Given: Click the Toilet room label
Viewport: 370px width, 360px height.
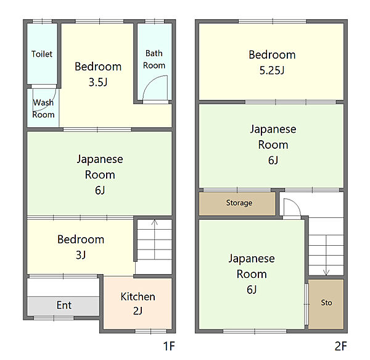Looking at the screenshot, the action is [42, 54].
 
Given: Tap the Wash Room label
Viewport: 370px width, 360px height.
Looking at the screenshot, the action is [43, 109].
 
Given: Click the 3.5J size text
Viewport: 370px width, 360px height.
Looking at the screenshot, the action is [98, 82].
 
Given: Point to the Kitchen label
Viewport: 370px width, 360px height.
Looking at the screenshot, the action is [138, 296].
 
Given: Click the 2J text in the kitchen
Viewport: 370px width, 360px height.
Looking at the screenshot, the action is [138, 311].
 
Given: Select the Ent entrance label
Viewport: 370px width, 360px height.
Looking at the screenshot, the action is [64, 305].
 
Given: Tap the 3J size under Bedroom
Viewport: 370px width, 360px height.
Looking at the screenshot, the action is [81, 255].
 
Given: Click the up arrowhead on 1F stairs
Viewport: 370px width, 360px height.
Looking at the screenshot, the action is [154, 222].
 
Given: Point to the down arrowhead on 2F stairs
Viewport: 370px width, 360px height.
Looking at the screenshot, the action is [326, 272].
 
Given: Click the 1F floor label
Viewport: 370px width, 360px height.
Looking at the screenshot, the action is [169, 346].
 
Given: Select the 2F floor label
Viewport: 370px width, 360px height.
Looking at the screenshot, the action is [341, 346].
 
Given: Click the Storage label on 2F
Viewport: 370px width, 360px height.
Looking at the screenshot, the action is [239, 203].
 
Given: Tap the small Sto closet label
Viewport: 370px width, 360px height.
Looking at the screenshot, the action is [326, 303].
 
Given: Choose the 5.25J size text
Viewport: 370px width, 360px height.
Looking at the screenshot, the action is [272, 70].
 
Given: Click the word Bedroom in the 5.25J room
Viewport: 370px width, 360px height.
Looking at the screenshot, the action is [272, 55].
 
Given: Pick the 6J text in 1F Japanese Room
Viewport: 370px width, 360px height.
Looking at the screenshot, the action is [100, 190].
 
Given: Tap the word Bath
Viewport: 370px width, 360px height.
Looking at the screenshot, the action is [154, 53].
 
